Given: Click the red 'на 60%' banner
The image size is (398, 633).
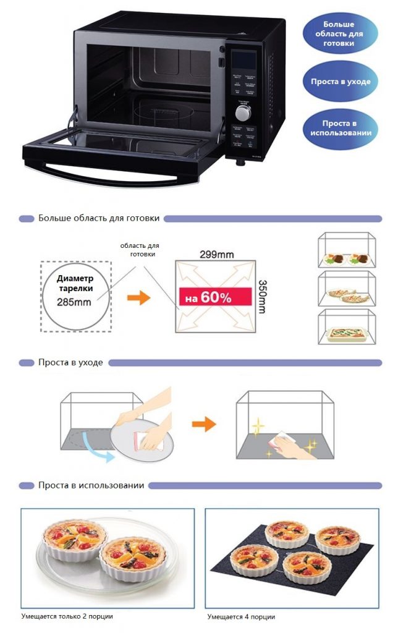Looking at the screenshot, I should click(214, 297).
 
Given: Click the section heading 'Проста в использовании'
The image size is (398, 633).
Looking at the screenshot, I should click(91, 485).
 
